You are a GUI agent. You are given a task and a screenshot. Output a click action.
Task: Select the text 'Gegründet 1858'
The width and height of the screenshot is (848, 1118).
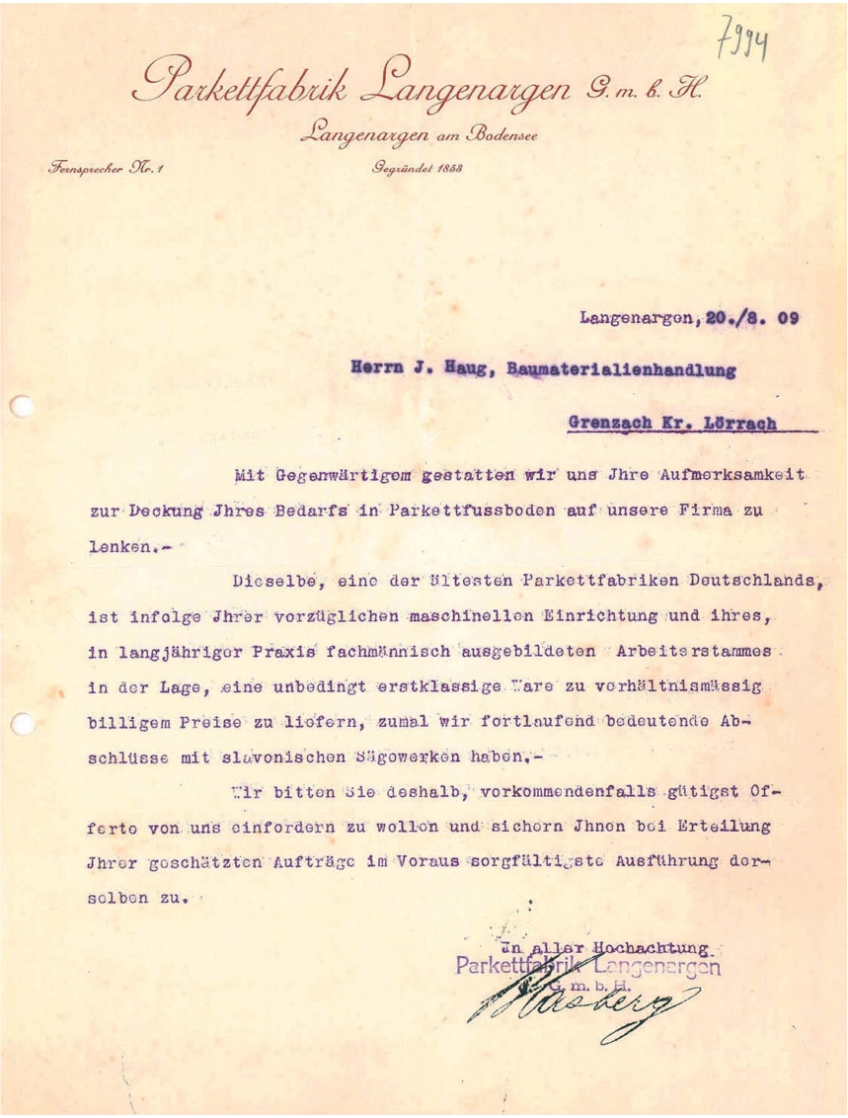click(418, 167)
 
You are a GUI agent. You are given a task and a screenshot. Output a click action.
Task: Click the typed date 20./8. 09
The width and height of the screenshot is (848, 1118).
click(749, 318)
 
